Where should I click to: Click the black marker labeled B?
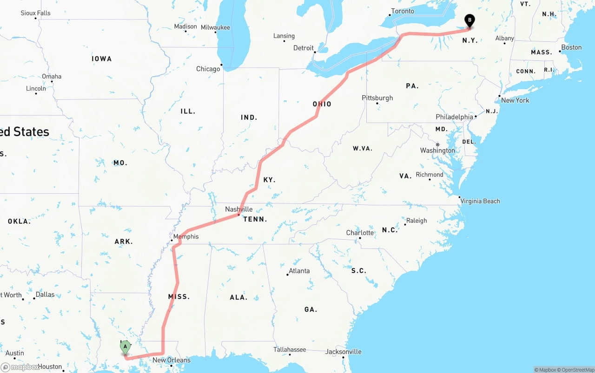[469, 20]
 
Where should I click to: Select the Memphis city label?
[185, 236]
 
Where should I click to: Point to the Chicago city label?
[208, 69]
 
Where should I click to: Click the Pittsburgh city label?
[377, 98]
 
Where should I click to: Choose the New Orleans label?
[171, 360]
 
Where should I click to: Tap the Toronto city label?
[402, 11]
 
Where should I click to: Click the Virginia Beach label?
[480, 201]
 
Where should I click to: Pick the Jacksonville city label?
[344, 352]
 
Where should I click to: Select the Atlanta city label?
[299, 270]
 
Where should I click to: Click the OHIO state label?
[322, 104]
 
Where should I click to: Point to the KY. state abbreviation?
[269, 180]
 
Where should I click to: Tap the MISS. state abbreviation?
[179, 296]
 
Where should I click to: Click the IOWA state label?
[101, 59]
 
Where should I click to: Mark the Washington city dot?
[437, 144]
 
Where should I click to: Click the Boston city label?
[571, 47]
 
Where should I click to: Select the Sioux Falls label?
[35, 13]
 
